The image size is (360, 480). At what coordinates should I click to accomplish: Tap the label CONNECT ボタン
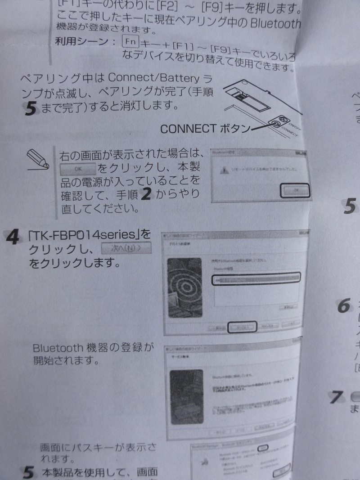(x=205, y=129)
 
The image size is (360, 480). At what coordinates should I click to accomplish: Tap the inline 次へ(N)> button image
(x=126, y=248)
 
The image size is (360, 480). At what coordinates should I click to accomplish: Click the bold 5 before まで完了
(x=30, y=108)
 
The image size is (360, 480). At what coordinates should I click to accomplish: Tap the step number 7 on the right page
(x=335, y=398)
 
